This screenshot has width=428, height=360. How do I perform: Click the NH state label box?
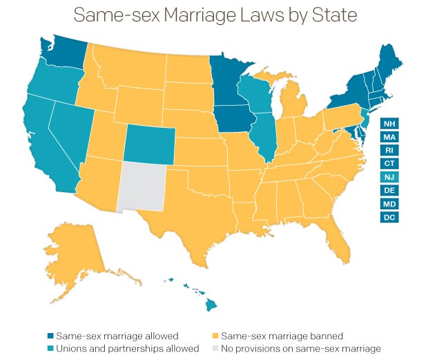click(389, 124)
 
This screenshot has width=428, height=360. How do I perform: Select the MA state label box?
click(389, 137)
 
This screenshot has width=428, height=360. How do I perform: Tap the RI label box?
click(389, 150)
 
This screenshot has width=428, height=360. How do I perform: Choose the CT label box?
click(389, 164)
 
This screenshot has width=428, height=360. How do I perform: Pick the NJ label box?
click(389, 177)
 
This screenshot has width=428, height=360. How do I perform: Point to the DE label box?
click(389, 190)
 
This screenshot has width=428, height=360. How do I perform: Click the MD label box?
click(389, 204)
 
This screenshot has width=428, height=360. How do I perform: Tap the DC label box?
click(389, 217)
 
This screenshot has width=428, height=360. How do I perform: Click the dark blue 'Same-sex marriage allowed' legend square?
click(50, 337)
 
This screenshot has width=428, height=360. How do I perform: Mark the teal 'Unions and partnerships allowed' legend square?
click(50, 349)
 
